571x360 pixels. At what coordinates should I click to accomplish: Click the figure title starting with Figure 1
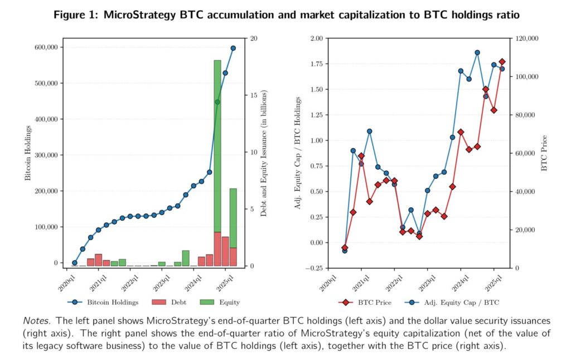pyautogui.click(x=286, y=16)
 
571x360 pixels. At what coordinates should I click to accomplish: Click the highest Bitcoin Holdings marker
pyautogui.click(x=233, y=48)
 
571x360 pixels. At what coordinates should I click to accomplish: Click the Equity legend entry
pyautogui.click(x=222, y=303)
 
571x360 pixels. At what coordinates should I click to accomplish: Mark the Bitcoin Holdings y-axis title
pyautogui.click(x=28, y=153)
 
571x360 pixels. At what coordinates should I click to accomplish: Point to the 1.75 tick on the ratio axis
pyautogui.click(x=315, y=64)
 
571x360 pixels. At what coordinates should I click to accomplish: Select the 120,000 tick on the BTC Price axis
pyautogui.click(x=525, y=38)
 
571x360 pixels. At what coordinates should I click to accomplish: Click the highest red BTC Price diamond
pyautogui.click(x=502, y=62)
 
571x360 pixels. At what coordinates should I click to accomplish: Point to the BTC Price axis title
pyautogui.click(x=545, y=153)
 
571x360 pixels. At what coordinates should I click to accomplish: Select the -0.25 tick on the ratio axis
pyautogui.click(x=314, y=268)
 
